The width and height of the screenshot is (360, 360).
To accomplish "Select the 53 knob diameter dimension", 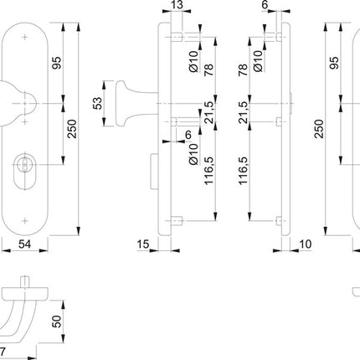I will click(x=97, y=103).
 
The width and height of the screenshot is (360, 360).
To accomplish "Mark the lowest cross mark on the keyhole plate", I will click(x=28, y=221).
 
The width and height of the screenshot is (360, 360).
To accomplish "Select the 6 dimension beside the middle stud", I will click(x=188, y=135).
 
